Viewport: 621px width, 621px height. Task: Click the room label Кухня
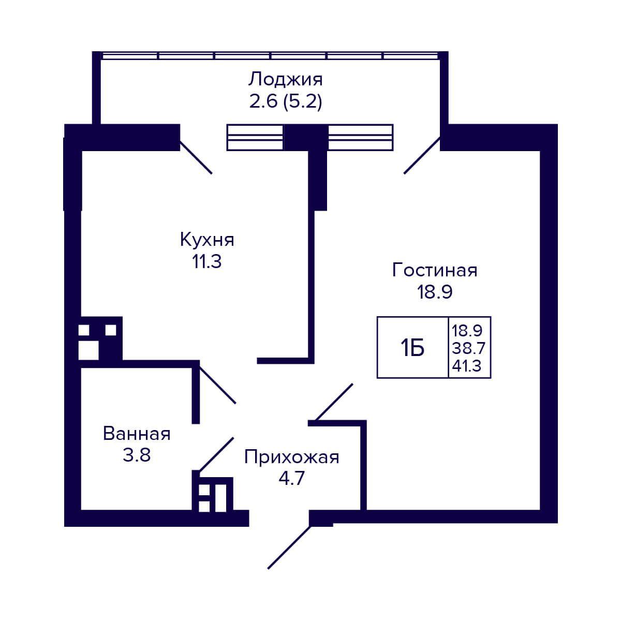(207, 240)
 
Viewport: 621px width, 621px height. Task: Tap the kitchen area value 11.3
(207, 262)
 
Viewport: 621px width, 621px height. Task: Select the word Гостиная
(435, 270)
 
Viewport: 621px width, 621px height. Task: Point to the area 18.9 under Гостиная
(435, 292)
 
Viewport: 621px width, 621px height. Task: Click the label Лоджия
(286, 80)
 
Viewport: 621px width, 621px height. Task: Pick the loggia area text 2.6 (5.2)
(286, 102)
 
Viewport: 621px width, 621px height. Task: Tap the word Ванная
(137, 434)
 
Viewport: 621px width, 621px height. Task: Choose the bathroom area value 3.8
(137, 456)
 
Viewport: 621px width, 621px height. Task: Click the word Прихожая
(292, 457)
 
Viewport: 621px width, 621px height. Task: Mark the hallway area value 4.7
(292, 479)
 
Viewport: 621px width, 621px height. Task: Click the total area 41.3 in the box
(467, 366)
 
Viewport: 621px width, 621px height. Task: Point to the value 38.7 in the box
(468, 348)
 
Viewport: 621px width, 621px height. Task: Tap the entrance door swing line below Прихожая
(289, 547)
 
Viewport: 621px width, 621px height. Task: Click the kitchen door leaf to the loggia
(196, 157)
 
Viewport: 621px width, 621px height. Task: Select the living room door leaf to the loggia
(422, 155)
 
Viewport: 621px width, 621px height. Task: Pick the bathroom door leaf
(216, 454)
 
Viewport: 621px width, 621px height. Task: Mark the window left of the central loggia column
(255, 138)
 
